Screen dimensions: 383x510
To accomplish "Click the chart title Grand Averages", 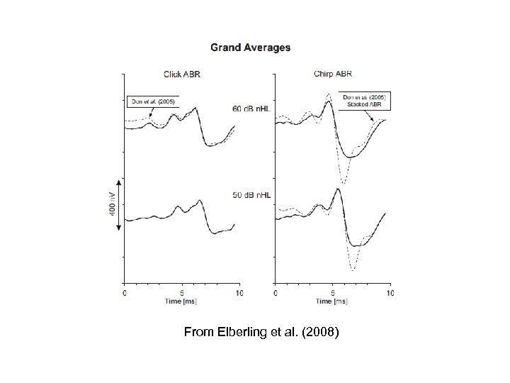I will point(250,48).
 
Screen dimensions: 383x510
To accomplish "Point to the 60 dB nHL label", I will point(251,108).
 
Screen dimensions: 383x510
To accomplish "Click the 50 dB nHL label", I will point(251,194).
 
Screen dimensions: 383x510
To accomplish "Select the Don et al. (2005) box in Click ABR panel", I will point(152,100).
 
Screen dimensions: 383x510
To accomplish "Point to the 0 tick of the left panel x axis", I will point(125,293).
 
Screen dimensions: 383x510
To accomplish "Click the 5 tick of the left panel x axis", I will point(182,293).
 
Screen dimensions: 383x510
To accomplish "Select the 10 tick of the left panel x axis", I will point(239,293).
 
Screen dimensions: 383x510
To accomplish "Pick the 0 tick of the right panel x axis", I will point(275,293).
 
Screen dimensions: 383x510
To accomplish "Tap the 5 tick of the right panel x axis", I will point(332,293).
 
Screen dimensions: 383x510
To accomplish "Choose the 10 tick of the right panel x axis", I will point(388,293).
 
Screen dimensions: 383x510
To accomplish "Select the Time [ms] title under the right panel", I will point(331,301).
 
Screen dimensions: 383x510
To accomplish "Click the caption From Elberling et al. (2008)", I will point(261,331).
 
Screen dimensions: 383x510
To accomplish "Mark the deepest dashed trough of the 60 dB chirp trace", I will point(344,184).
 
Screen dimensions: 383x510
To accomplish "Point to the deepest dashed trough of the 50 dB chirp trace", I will point(352,270).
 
